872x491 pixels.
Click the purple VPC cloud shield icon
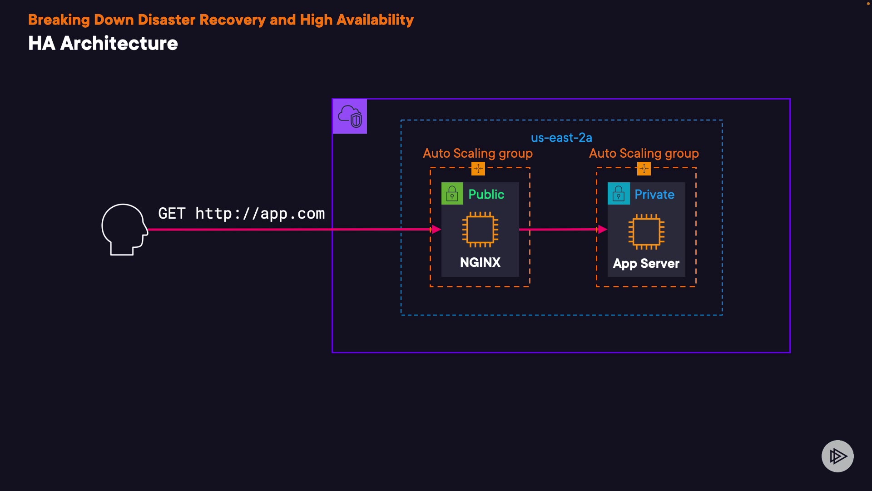pos(350,116)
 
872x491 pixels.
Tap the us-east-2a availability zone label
pos(561,138)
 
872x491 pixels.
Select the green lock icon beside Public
pos(452,194)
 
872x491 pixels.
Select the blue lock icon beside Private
pos(619,194)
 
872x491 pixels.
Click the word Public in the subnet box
pos(486,194)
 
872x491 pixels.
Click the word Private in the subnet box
pos(654,194)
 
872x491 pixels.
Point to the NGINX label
pos(480,262)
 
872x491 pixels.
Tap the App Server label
pos(646,264)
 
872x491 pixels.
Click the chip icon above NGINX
pos(480,230)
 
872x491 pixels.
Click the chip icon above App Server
pos(646,231)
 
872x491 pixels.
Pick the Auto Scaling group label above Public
pos(478,154)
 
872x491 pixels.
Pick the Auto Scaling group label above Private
pos(644,154)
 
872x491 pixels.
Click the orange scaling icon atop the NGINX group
pos(478,169)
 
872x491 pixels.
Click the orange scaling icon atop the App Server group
pos(644,169)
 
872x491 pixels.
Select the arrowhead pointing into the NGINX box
pos(436,230)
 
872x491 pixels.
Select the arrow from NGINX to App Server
pos(563,230)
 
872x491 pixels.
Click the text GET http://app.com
pos(242,214)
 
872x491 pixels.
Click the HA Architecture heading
pos(103,44)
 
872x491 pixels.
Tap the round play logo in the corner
pos(837,456)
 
